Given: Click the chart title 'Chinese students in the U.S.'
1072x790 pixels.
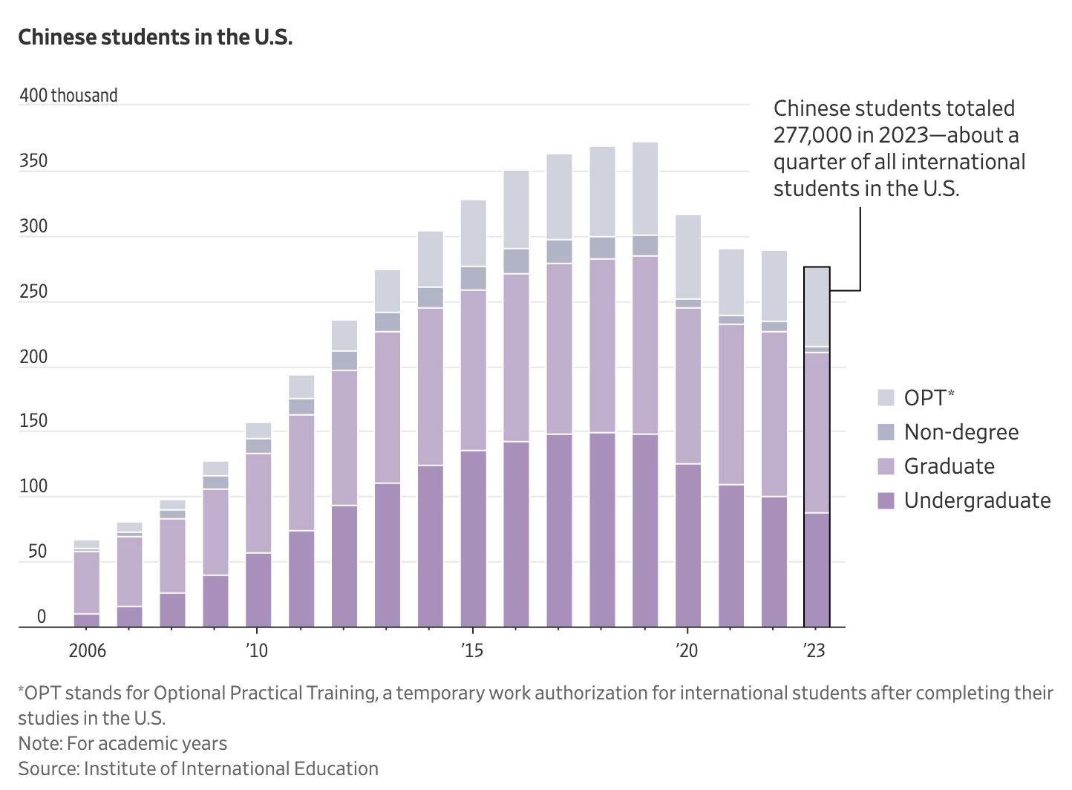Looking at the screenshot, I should [x=155, y=37].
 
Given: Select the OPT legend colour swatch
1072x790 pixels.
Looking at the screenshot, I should [x=886, y=397].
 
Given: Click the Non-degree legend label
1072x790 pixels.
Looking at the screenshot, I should [x=961, y=432].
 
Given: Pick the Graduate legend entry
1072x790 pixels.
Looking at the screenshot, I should [x=949, y=466].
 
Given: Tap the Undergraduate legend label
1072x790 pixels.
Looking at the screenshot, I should [x=977, y=500].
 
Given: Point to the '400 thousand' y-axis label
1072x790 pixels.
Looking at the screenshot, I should [x=68, y=96].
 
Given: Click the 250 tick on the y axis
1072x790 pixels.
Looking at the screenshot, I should [x=33, y=292].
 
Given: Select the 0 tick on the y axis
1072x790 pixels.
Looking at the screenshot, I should [x=42, y=617].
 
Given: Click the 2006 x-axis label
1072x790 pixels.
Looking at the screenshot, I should [x=87, y=651].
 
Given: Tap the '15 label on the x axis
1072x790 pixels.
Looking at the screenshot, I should [x=472, y=651].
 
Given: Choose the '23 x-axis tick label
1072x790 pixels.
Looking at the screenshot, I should [x=814, y=651].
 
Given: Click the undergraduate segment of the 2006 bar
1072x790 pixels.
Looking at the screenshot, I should [x=86, y=620].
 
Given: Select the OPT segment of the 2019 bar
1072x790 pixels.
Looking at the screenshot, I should [x=645, y=189].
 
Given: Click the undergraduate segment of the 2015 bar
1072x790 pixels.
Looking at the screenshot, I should [x=474, y=538].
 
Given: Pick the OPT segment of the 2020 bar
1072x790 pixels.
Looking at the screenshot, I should [x=688, y=257].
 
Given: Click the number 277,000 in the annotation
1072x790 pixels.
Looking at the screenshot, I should [x=806, y=135].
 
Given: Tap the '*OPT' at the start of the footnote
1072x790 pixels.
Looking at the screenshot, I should [x=36, y=693].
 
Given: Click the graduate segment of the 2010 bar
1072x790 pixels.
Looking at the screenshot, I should [x=258, y=503].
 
